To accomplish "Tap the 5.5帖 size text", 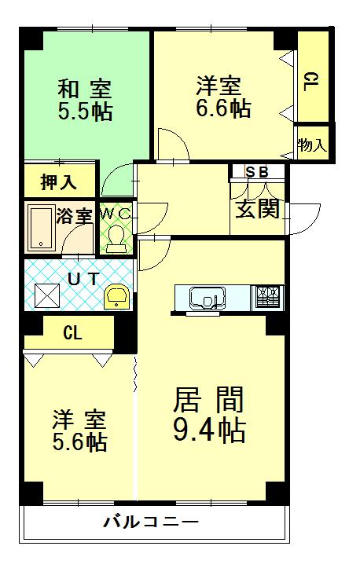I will pos(84,111).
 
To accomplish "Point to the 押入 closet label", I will pos(59,182).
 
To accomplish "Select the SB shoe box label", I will pos(256,172).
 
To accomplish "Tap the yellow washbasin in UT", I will pos(119,297).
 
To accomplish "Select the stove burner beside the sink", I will pos(268,298).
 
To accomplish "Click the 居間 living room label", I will pos(208,400).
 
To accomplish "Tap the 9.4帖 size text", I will pos(208,429).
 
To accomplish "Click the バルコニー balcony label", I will pos(151,522).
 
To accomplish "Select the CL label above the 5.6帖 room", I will pos(72,332).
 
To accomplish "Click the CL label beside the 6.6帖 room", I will pos(311,80).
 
